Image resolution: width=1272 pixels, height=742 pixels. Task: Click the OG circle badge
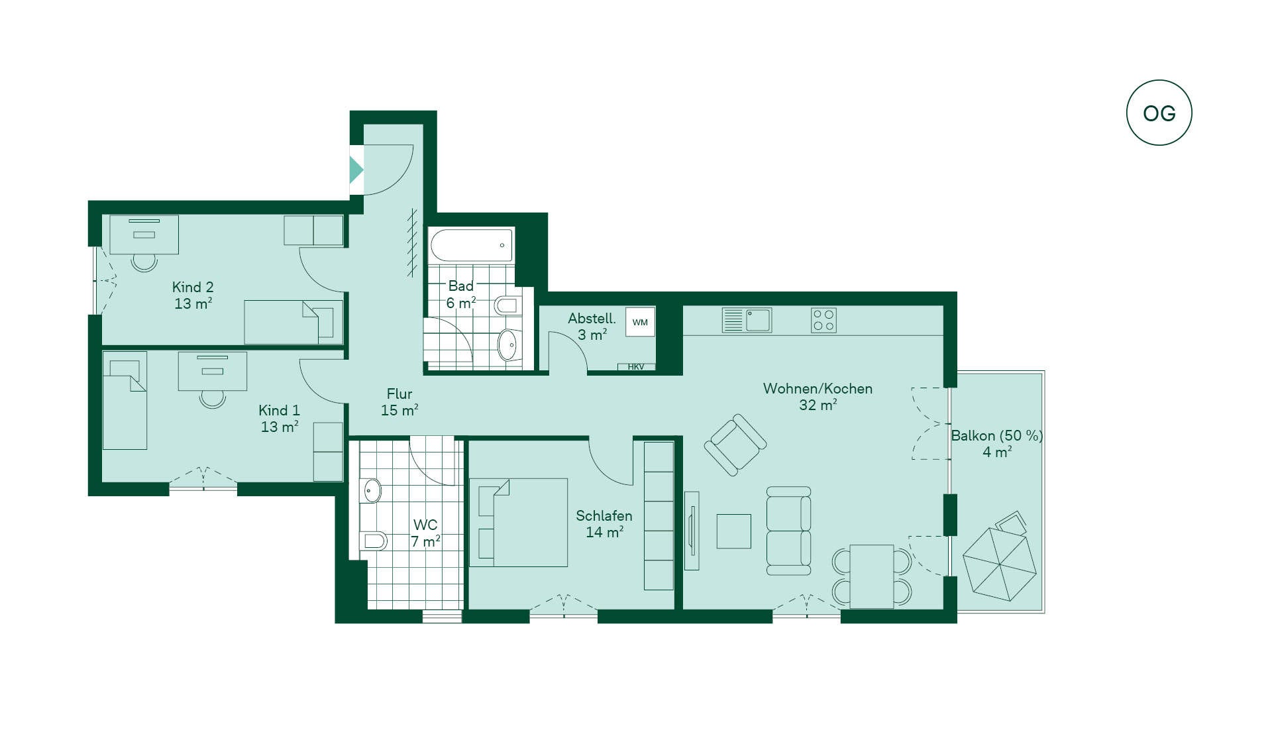pos(1159,113)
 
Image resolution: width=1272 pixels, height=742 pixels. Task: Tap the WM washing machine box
pos(640,322)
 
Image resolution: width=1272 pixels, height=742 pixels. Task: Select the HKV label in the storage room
pos(636,366)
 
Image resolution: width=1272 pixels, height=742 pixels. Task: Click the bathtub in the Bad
pos(472,245)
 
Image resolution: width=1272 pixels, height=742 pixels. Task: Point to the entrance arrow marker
pos(356,170)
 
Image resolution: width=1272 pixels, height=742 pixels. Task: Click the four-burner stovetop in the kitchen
pos(823,320)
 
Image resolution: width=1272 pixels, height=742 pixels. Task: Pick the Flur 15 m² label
pos(399,402)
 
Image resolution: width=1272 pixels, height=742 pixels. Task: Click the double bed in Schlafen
pos(519,523)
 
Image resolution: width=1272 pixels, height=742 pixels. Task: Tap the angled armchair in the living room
pos(735,445)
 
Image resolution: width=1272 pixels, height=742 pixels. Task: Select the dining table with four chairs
pos(872,576)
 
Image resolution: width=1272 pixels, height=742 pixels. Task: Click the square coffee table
pos(734,531)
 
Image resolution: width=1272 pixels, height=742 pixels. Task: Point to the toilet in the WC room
pos(373,541)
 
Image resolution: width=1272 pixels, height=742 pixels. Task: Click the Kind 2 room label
pos(193,295)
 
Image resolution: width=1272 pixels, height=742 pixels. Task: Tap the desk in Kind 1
pos(213,371)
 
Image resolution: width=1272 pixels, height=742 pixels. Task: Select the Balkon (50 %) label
pos(997,443)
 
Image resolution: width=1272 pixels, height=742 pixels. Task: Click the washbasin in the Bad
pos(508,345)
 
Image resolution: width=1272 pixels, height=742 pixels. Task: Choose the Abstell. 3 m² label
pos(592,327)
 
